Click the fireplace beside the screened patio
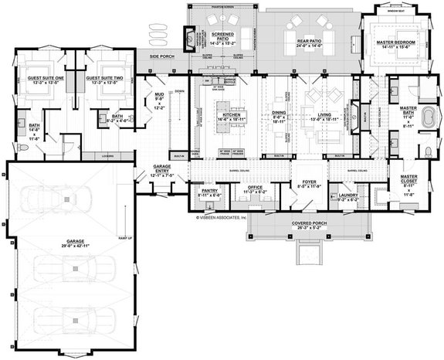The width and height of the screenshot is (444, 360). click(x=188, y=36)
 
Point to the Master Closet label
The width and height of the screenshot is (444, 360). click(x=408, y=179)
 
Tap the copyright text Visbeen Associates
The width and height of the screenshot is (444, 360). click(x=219, y=218)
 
